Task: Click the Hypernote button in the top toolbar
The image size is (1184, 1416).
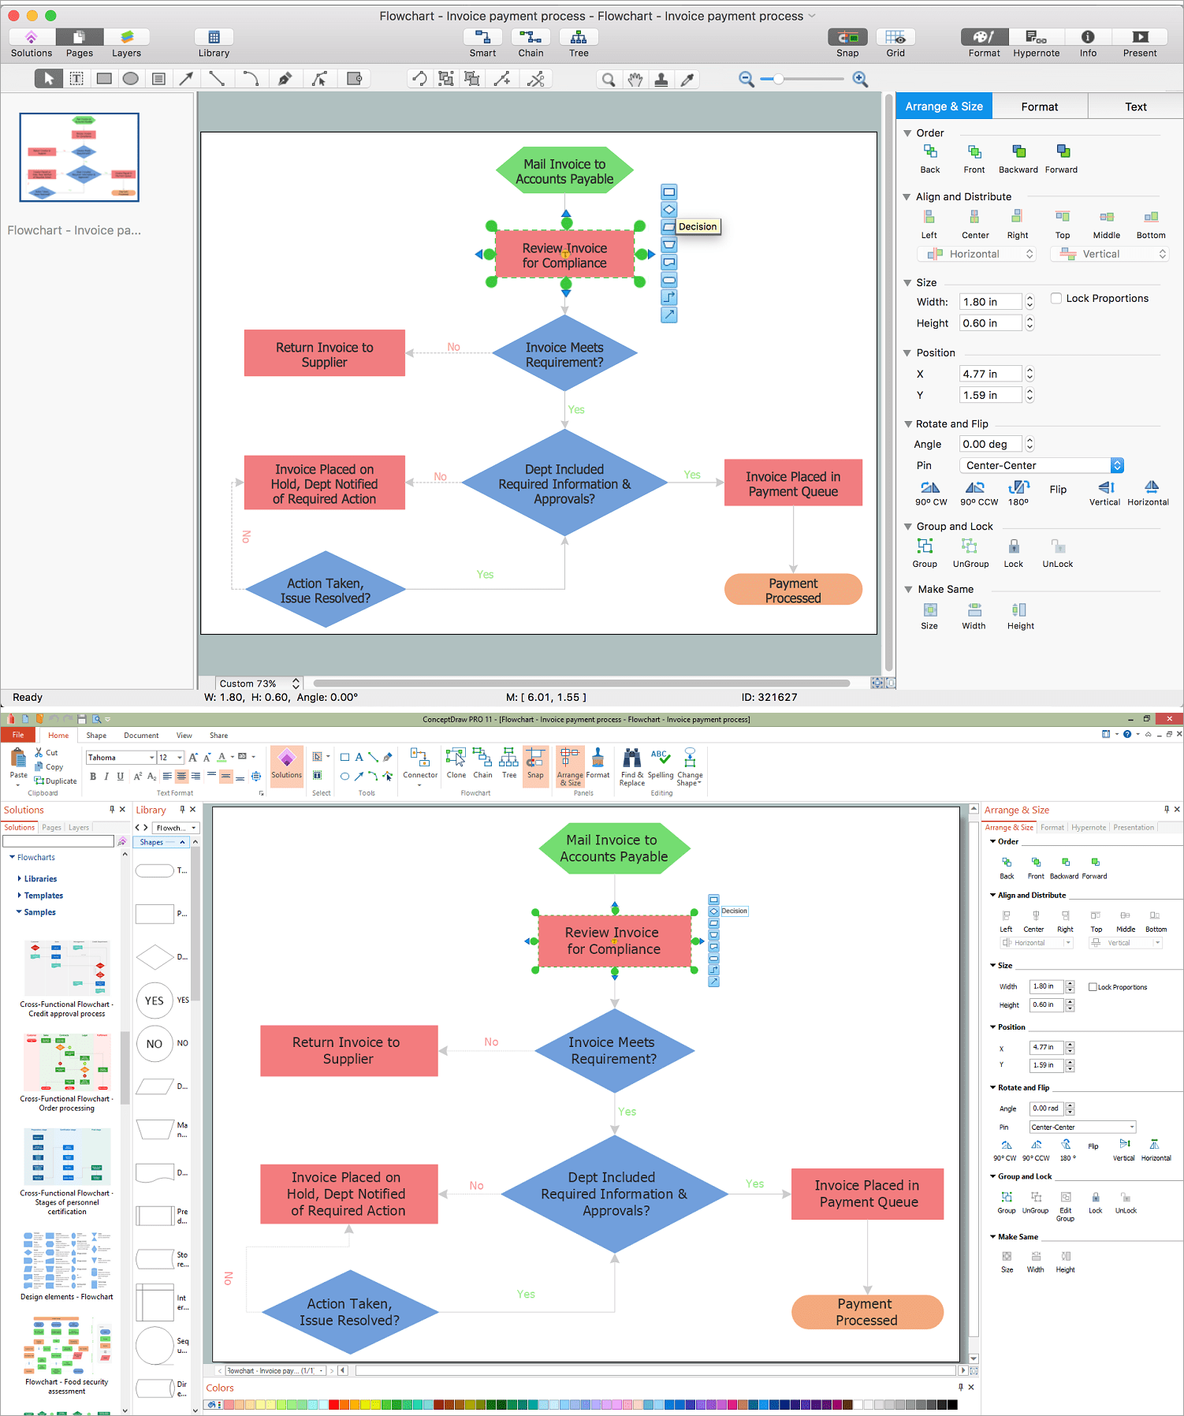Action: [1036, 43]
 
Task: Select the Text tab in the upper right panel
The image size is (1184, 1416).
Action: [1135, 106]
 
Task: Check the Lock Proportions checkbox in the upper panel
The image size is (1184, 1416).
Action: [1056, 298]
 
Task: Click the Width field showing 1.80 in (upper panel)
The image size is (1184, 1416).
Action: [990, 302]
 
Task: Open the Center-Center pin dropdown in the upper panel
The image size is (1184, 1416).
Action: [1041, 465]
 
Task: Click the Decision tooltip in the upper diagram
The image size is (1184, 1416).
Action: [698, 226]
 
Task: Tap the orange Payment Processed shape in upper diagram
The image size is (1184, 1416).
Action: [793, 590]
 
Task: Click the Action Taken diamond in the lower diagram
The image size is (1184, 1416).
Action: [349, 1312]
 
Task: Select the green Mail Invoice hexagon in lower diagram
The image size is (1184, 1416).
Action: [614, 848]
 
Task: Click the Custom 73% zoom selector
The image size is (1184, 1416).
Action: [259, 684]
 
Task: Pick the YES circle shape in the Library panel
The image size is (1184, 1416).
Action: [155, 1001]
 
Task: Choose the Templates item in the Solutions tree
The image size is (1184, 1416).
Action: [43, 896]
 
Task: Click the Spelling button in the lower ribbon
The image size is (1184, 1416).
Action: [661, 765]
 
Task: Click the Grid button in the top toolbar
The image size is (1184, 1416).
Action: [895, 43]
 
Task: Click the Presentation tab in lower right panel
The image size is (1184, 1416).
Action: [1134, 827]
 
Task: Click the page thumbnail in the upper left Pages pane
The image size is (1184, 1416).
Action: [80, 158]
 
